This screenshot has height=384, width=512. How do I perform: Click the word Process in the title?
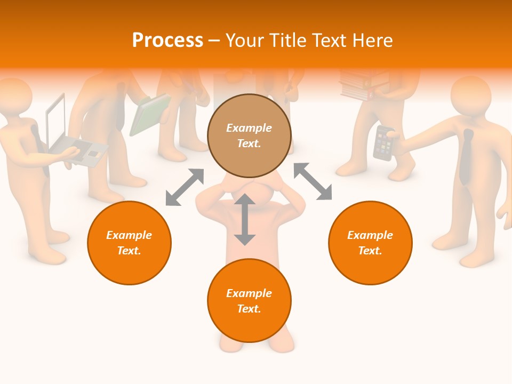point(167,41)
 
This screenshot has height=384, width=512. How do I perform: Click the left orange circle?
point(129,243)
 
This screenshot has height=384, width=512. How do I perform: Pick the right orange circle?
point(370,243)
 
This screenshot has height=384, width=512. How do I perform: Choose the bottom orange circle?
point(249,301)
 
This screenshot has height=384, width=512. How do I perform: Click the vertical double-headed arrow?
point(245,220)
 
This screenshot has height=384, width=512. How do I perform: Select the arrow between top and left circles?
point(185,187)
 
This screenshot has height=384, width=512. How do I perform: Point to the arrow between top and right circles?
point(313,181)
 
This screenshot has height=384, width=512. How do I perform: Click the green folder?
point(149,114)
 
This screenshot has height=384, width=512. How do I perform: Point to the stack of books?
point(363,85)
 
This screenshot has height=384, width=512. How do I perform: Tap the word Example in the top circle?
point(249,128)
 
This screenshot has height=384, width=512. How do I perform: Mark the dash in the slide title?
point(214,41)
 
